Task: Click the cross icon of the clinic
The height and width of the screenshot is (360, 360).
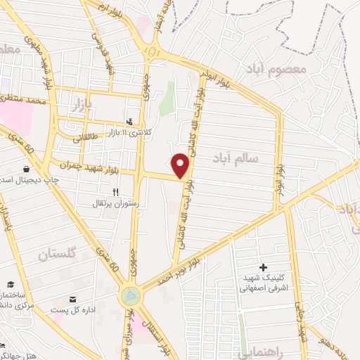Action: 264,267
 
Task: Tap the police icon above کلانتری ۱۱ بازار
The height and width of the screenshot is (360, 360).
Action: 129,120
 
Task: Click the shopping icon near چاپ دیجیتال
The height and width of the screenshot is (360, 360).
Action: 26,169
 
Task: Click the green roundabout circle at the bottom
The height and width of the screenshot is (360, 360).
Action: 130,296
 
